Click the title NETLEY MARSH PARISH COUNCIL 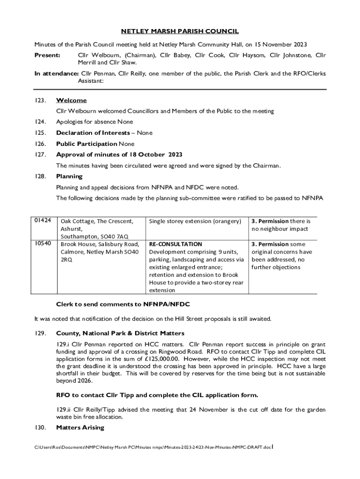(x=180, y=31)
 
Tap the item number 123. (x=40, y=101)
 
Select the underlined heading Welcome (x=71, y=101)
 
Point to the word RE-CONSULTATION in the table (x=175, y=244)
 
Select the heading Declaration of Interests (x=93, y=133)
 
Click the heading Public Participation (x=86, y=144)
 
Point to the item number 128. (x=40, y=176)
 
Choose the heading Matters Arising (x=80, y=428)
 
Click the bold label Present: (x=47, y=56)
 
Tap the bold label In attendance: (x=56, y=73)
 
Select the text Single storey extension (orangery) (x=195, y=221)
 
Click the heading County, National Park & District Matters (x=120, y=333)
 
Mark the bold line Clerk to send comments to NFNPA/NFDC (x=122, y=304)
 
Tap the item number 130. (x=40, y=428)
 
